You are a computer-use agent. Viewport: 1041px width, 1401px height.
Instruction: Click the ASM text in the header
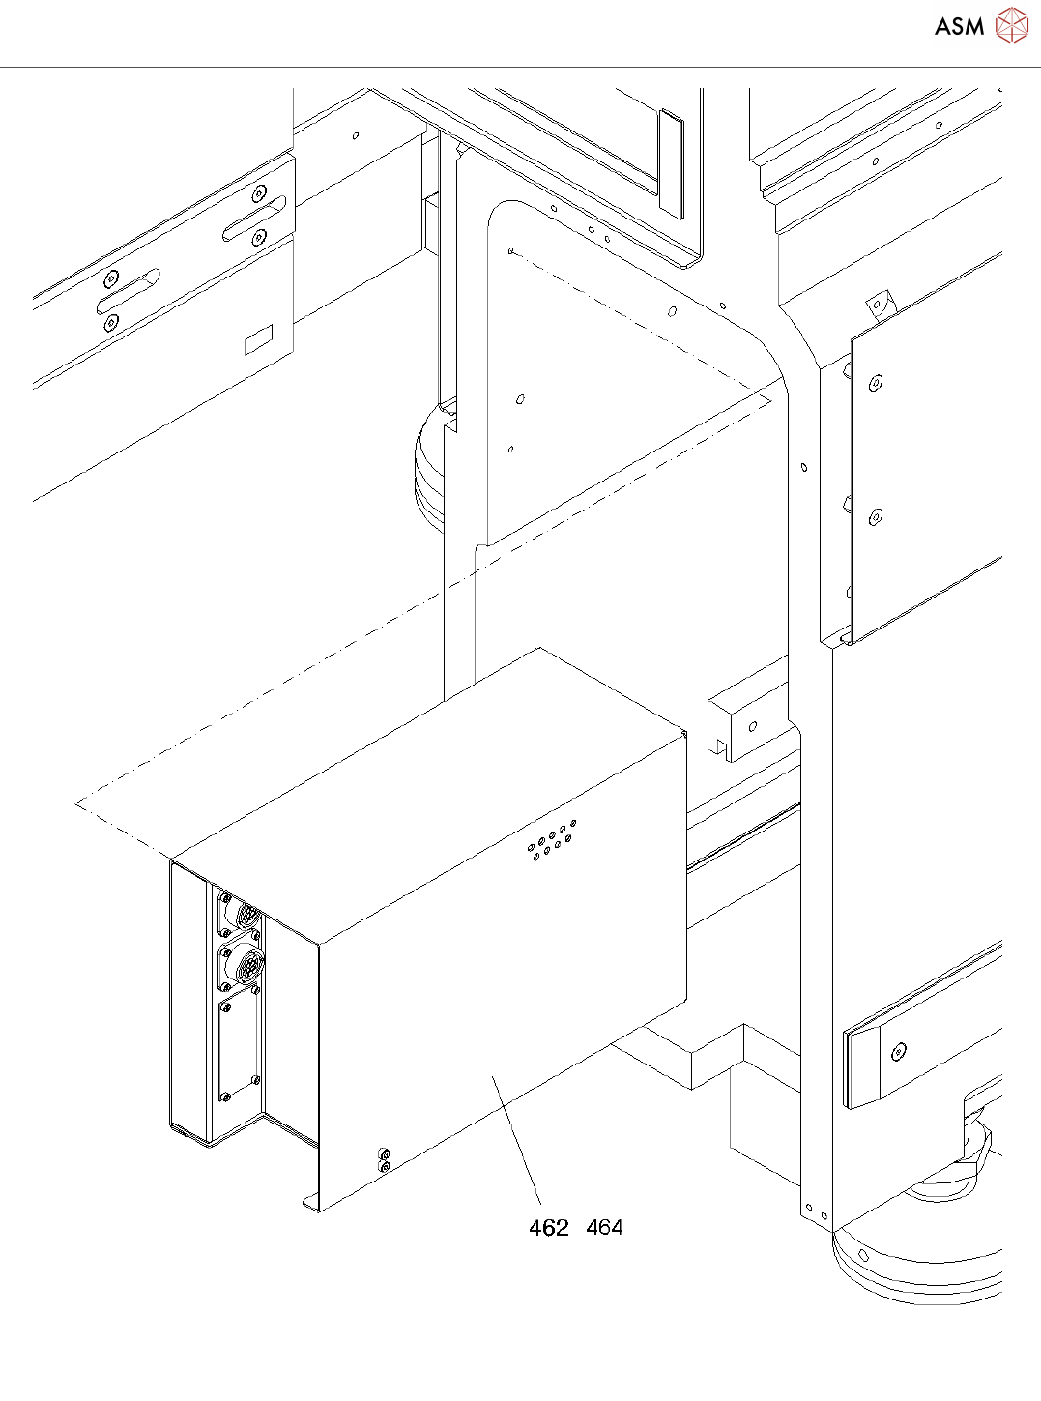pos(959,26)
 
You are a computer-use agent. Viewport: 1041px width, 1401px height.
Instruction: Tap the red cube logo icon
pos(1012,25)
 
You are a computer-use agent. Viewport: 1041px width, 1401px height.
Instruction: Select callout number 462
pos(548,1228)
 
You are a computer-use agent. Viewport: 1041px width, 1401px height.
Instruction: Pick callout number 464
pos(604,1227)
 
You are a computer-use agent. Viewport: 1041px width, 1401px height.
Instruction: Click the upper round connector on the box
pos(247,915)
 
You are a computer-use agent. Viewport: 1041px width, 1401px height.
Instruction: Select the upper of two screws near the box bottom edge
pos(385,1154)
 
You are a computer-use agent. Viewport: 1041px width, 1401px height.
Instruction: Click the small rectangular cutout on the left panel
pos(258,339)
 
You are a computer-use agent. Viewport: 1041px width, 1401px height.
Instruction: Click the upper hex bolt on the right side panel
pos(875,383)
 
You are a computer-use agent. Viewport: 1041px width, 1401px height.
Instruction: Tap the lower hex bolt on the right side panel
pos(875,517)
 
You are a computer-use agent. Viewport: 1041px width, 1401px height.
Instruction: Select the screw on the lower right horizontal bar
pos(900,1051)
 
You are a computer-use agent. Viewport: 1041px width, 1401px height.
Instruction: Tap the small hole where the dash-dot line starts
pos(510,251)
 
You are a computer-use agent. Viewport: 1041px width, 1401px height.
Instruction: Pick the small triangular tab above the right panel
pos(879,304)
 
